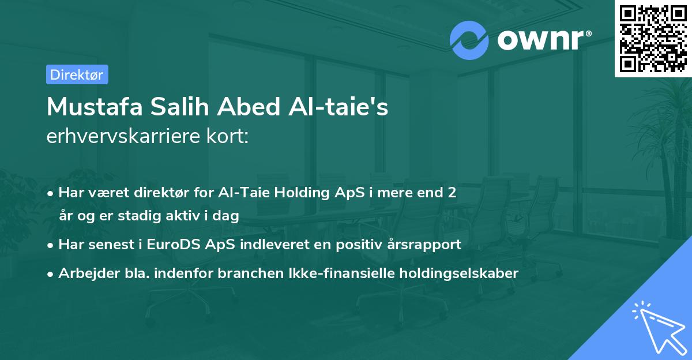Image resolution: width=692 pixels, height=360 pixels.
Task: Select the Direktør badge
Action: click(77, 74)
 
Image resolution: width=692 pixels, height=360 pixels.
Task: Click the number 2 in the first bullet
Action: click(452, 193)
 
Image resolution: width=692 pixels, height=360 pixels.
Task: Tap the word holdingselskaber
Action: click(454, 273)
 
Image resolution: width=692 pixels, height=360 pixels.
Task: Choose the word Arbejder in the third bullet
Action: click(85, 273)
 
